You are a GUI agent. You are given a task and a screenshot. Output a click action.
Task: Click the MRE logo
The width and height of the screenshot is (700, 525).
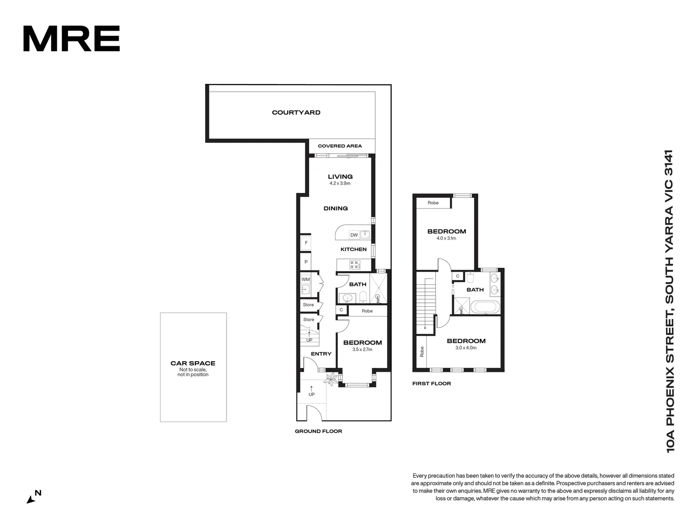click(x=71, y=39)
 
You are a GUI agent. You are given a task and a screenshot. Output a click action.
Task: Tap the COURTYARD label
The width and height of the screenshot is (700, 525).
click(x=296, y=112)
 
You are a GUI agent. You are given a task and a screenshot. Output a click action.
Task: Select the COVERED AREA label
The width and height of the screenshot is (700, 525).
click(x=339, y=146)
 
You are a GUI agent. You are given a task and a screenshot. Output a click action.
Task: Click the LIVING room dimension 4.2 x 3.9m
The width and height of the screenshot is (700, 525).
click(x=340, y=183)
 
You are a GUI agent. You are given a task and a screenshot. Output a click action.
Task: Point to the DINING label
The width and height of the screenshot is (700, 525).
click(x=335, y=208)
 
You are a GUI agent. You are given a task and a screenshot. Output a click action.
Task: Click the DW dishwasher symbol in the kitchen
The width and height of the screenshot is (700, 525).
click(x=354, y=235)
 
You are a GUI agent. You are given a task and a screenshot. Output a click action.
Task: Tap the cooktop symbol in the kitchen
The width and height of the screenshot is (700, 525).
click(x=355, y=265)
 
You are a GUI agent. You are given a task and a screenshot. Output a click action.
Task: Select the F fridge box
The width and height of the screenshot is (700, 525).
click(x=306, y=243)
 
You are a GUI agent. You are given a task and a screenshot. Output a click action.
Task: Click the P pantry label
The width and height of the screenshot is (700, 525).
click(x=306, y=262)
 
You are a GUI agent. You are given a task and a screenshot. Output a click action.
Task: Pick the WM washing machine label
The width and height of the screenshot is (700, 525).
click(x=305, y=280)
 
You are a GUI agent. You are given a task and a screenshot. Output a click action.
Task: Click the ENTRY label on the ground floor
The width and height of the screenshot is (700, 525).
click(x=321, y=354)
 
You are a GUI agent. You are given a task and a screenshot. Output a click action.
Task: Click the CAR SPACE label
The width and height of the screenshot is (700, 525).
click(x=193, y=363)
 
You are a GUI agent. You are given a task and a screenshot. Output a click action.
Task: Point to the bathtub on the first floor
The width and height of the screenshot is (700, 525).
click(x=486, y=307)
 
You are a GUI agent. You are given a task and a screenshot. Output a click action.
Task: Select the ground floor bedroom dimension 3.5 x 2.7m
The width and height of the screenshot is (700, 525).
click(x=362, y=350)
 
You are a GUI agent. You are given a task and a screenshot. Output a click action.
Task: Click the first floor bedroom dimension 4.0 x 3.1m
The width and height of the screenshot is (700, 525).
click(x=446, y=238)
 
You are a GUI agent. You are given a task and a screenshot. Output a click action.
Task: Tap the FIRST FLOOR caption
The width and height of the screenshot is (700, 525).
click(x=432, y=384)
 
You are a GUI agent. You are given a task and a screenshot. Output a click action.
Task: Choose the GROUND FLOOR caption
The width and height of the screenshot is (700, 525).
click(x=318, y=431)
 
